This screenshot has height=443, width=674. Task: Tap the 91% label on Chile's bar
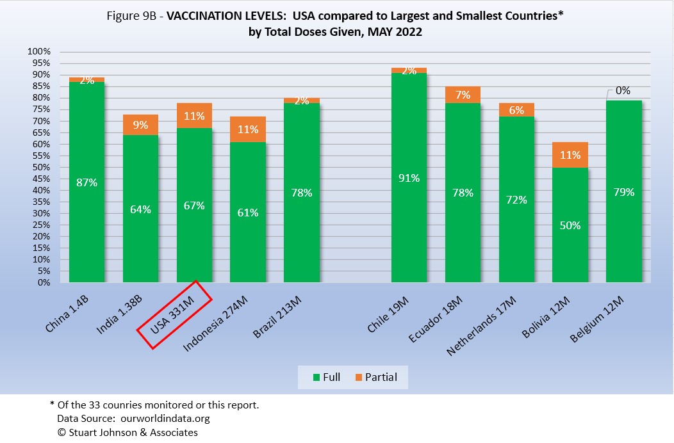409,178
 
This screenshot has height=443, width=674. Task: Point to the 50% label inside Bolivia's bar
570,225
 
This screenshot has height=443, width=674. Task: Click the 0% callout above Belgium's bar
623,91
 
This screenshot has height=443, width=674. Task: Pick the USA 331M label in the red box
173,315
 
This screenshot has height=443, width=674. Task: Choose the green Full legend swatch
315,378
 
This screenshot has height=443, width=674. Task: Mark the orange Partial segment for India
140,125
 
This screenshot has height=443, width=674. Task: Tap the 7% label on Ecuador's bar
463,95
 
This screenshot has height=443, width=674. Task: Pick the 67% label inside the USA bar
194,205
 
